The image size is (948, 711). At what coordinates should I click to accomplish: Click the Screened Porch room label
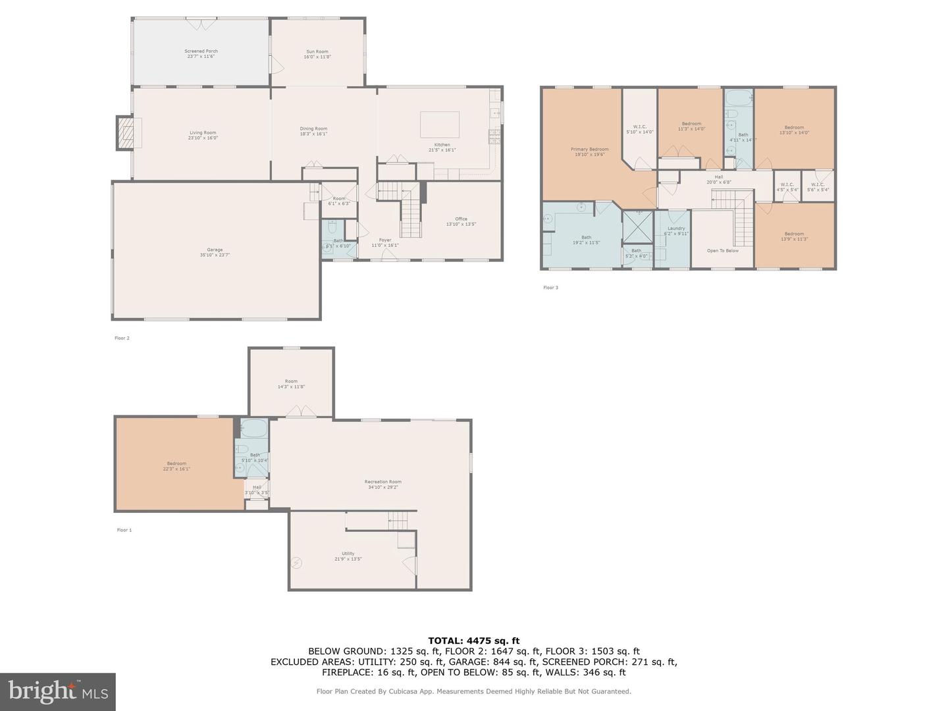[201, 53]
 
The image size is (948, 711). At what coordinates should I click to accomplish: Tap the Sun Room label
[317, 54]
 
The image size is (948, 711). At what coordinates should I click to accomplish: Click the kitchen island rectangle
[440, 124]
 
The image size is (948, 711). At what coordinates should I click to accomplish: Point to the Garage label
[215, 252]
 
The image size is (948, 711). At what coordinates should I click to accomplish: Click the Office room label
[461, 221]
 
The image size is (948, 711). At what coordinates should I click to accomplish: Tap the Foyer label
[384, 242]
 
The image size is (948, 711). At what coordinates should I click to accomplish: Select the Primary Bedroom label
[589, 151]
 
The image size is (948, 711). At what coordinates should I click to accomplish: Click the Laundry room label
[676, 230]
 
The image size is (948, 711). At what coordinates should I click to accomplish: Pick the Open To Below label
[722, 250]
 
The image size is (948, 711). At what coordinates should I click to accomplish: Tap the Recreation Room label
[382, 484]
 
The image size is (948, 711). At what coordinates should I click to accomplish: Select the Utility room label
[348, 556]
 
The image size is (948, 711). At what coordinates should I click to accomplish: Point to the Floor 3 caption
[550, 287]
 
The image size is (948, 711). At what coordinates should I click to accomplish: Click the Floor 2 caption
[122, 338]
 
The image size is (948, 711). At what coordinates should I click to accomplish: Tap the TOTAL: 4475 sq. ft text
[473, 640]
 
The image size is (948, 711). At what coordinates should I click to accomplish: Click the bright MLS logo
[58, 691]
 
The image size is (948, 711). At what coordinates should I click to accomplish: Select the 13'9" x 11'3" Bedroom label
[794, 236]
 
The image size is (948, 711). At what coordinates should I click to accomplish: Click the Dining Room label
[313, 131]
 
